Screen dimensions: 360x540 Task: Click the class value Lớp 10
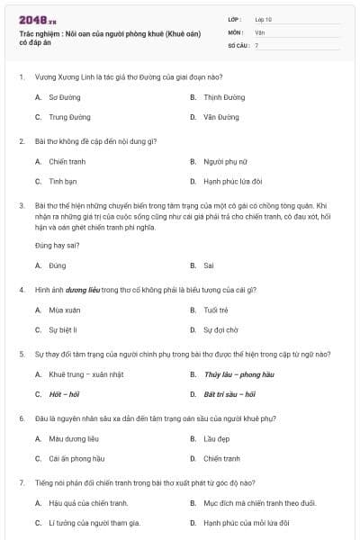[264, 18]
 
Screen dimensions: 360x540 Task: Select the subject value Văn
[260, 31]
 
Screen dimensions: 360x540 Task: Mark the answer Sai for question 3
[209, 265]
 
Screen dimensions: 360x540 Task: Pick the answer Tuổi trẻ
[216, 310]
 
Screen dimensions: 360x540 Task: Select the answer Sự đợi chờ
[221, 330]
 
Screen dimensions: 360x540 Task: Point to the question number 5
[22, 354]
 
